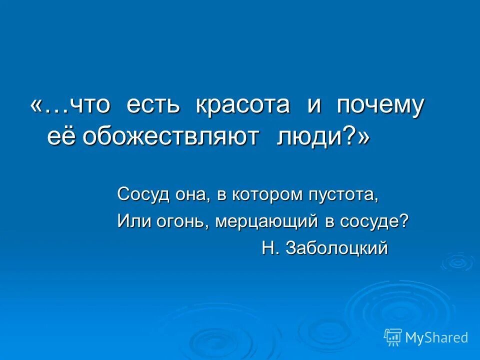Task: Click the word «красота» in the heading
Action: point(242,106)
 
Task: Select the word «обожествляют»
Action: point(171,136)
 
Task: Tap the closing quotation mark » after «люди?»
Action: point(363,136)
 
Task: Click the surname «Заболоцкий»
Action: point(336,248)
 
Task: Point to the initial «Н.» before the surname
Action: point(270,248)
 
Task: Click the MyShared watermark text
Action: point(436,338)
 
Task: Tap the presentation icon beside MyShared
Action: point(393,337)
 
